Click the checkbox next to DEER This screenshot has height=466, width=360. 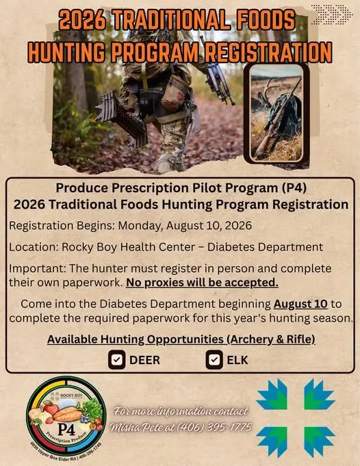point(116,360)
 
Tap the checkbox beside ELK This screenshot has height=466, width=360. point(214,360)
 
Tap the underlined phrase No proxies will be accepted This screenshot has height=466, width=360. point(202,283)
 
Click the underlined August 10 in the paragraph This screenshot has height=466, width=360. point(300,304)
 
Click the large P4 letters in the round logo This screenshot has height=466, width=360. point(66,430)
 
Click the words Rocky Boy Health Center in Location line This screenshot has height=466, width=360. point(129,247)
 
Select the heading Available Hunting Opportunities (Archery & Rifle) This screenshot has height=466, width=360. point(181,339)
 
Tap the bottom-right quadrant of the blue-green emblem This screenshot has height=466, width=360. point(319,441)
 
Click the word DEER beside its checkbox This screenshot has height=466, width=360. point(145,360)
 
